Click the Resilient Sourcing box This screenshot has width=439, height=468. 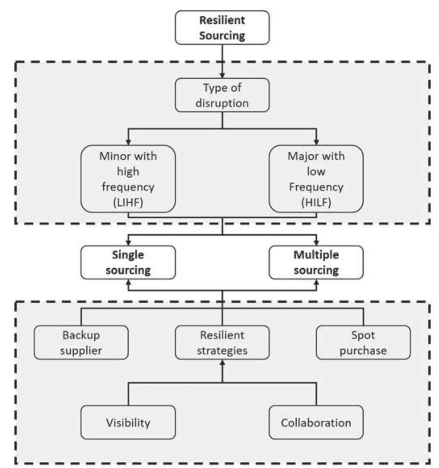pos(222,28)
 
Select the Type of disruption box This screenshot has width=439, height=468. pos(222,95)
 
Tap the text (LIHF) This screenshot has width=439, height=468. pos(128,203)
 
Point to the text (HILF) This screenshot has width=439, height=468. pos(316,203)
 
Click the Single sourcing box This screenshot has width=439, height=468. pos(128,262)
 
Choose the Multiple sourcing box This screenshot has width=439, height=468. pos(316,262)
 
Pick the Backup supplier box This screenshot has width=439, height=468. pos(81,343)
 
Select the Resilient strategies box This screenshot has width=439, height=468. pos(222,343)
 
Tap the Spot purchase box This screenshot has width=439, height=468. pos(363,343)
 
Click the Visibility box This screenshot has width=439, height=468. pos(128,422)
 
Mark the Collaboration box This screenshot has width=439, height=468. pos(316,422)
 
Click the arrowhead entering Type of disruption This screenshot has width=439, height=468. pos(222,75)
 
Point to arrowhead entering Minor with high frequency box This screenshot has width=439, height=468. pos(128,142)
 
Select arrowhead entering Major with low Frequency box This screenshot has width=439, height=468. pos(316,142)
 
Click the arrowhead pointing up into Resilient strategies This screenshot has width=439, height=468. pos(222,362)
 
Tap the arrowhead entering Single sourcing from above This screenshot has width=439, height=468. pos(128,243)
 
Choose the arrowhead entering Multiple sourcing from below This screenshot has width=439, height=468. pos(316,282)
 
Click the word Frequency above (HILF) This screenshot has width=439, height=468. pos(316,187)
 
